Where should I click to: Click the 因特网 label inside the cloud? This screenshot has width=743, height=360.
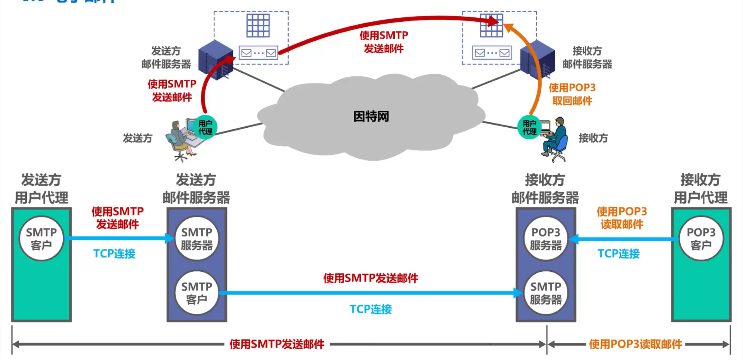[x=371, y=117]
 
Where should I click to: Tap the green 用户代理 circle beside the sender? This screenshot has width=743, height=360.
[x=205, y=127]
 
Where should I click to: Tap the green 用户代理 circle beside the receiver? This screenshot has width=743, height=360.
[x=529, y=127]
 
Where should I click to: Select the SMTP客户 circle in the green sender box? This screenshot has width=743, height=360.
[x=41, y=238]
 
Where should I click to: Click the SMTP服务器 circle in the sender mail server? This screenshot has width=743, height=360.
[x=197, y=238]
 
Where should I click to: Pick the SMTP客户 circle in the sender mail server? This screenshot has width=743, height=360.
[x=197, y=293]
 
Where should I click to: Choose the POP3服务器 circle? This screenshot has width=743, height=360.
[x=546, y=238]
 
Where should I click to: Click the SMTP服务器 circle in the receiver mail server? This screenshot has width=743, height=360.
[x=546, y=293]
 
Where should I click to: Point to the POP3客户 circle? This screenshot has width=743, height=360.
[x=701, y=238]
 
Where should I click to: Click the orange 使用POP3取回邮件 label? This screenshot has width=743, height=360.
[x=572, y=94]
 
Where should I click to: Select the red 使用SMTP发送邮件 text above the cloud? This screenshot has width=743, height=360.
[x=383, y=42]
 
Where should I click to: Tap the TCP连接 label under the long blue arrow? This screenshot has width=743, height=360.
[x=371, y=309]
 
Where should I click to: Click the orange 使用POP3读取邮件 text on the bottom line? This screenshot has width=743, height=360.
[x=635, y=344]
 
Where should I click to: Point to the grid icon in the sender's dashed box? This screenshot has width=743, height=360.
[x=258, y=26]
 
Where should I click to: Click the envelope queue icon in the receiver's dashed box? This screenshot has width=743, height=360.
[x=492, y=53]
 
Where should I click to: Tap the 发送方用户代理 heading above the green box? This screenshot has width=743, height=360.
[x=41, y=189]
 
